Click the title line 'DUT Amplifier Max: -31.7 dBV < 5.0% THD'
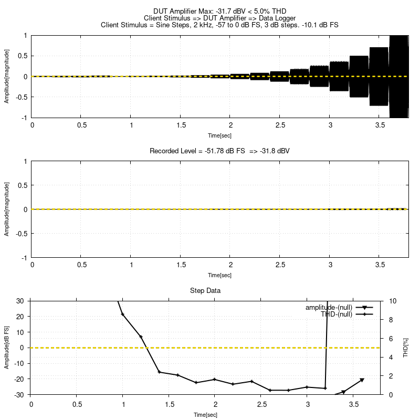(220, 11)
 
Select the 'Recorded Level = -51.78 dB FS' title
(220, 151)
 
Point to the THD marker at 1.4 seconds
(160, 372)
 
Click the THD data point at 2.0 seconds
(214, 380)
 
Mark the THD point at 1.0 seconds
(123, 314)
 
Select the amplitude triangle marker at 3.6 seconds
(362, 380)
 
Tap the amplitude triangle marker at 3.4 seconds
(343, 392)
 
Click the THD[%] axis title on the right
(405, 348)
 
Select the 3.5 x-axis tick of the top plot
(380, 125)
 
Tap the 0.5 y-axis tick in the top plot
(22, 56)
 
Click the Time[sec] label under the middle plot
(219, 275)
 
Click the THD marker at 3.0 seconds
(307, 387)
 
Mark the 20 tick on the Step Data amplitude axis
(21, 317)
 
